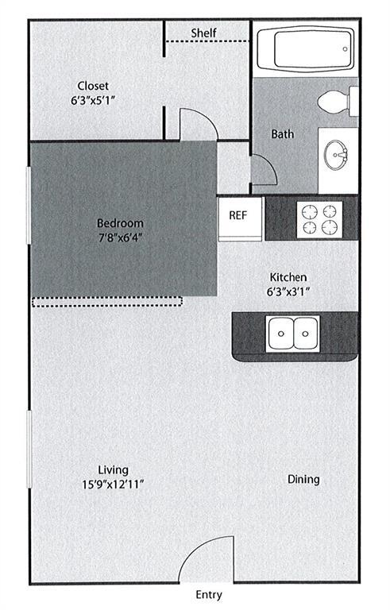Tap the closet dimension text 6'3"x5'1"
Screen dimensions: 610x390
click(92, 102)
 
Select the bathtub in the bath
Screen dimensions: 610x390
click(304, 49)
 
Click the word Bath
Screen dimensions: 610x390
click(282, 133)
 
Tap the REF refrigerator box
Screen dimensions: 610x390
click(238, 215)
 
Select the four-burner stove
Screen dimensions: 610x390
click(319, 218)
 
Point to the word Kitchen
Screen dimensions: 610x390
click(288, 276)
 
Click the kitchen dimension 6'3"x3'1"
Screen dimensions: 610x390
click(288, 291)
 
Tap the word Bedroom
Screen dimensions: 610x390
click(120, 222)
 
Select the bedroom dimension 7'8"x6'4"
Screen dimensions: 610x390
click(120, 237)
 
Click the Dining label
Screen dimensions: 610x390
click(303, 479)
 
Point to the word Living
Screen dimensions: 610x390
click(109, 469)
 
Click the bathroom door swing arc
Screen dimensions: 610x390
click(263, 169)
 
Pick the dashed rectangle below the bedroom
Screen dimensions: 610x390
click(107, 301)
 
